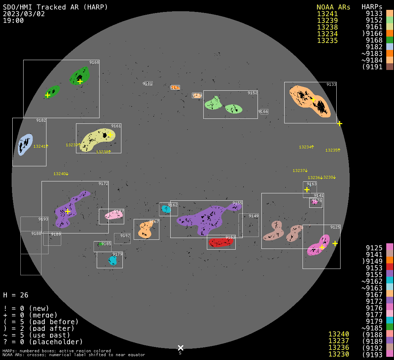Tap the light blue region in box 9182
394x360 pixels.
(x=25, y=144)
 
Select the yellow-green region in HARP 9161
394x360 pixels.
(x=95, y=140)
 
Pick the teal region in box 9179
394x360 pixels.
(x=113, y=261)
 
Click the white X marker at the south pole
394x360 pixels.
(x=180, y=348)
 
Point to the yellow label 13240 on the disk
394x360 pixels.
(x=59, y=174)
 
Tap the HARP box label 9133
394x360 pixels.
(x=331, y=84)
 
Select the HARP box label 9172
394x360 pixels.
(x=103, y=184)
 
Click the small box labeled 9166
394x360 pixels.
(x=263, y=111)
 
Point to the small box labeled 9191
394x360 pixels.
(x=148, y=84)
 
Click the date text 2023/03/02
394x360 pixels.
(x=24, y=14)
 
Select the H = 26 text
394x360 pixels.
(x=15, y=295)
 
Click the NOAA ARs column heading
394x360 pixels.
(x=333, y=7)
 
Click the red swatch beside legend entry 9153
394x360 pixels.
(x=389, y=268)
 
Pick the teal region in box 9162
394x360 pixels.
(x=165, y=209)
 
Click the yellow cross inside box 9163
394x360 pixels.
(x=307, y=189)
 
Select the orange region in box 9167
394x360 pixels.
(x=145, y=230)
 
